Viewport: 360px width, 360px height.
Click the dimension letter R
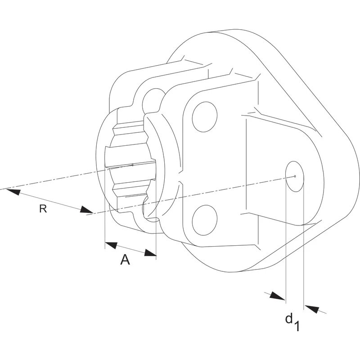[43, 209]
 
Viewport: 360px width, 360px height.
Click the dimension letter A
[125, 260]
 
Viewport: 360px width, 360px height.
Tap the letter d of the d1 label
[289, 318]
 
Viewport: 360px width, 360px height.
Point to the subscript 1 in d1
[297, 326]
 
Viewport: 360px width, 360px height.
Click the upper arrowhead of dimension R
[13, 192]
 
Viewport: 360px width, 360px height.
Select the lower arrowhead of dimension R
[87, 210]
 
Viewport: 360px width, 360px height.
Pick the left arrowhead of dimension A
[111, 245]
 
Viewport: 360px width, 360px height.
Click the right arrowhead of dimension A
[150, 252]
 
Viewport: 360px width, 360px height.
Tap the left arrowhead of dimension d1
[277, 296]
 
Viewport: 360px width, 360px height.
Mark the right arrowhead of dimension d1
[312, 309]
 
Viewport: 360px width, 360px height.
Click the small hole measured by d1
[295, 176]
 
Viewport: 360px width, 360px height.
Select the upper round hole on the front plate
[205, 117]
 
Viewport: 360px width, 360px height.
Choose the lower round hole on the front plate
[205, 220]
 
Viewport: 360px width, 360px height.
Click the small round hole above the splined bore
[152, 101]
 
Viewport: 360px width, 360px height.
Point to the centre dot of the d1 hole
[295, 176]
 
